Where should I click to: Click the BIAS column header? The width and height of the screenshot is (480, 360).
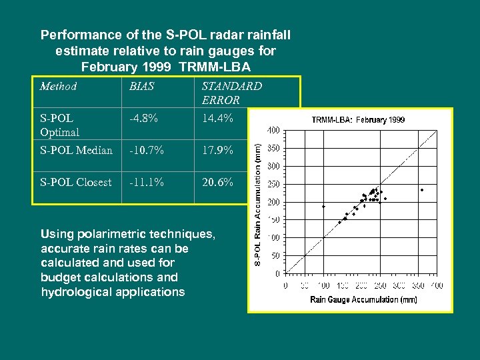141,86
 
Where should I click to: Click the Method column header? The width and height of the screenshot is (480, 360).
58,86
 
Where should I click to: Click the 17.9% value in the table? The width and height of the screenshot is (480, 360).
217,150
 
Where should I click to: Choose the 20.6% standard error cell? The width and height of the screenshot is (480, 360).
217,182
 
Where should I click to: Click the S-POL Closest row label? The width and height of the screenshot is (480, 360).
75,182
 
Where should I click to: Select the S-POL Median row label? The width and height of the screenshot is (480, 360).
76,150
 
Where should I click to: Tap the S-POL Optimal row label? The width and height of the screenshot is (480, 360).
59,125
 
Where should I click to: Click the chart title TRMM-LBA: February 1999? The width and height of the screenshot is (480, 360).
358,120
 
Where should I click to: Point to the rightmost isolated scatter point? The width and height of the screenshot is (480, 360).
422,190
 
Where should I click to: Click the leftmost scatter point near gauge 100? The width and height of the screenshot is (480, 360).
323,207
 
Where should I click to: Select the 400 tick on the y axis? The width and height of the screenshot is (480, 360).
273,131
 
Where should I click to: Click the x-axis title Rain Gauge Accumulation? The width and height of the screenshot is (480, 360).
363,300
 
